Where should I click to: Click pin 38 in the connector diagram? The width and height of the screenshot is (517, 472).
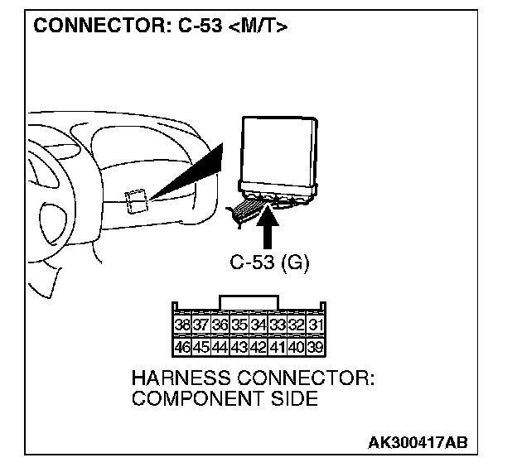[x=182, y=325]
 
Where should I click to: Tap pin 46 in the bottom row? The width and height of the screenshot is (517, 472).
[x=182, y=345]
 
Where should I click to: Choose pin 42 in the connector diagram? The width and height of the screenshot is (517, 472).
[x=258, y=345]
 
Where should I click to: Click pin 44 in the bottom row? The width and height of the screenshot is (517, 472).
[x=220, y=345]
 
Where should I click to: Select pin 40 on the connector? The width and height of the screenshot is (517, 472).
[x=296, y=345]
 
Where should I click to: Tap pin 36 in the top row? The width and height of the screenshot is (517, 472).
[x=220, y=325]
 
